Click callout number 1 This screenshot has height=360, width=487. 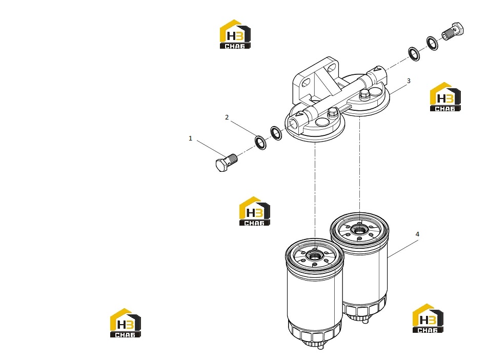(x=190, y=138)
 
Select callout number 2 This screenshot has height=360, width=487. (x=227, y=117)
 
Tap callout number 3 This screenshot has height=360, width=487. (x=409, y=81)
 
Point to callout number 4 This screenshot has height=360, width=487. (x=417, y=234)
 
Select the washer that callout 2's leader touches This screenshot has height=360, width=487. (x=260, y=143)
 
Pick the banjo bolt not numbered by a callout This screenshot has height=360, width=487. (x=453, y=31)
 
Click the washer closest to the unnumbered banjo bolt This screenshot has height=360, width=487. (x=432, y=44)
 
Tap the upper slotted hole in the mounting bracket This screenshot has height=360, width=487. (x=332, y=67)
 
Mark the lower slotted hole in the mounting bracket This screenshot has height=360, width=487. (x=306, y=83)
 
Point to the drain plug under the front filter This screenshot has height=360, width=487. (x=321, y=346)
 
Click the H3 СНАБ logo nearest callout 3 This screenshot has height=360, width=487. (x=445, y=96)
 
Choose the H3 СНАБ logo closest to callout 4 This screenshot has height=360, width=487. (x=428, y=318)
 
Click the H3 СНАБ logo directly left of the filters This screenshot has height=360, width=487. (x=255, y=211)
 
